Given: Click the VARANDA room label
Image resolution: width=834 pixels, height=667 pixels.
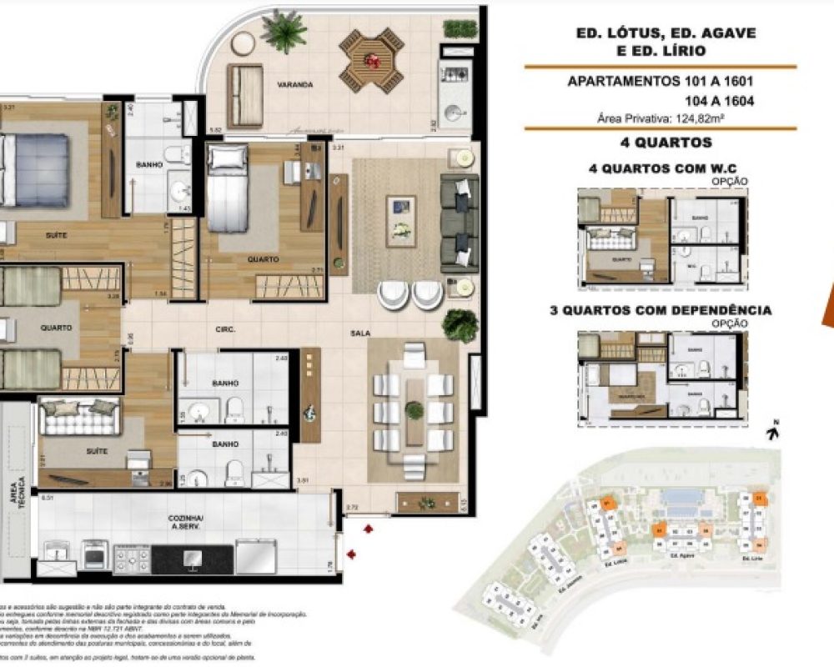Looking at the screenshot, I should [x=295, y=85].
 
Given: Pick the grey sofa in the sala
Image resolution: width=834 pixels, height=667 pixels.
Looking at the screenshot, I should [x=459, y=223].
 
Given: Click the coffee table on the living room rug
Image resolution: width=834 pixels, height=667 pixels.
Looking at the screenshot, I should [x=400, y=220].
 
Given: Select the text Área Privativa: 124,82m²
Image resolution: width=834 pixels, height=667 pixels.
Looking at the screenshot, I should [x=659, y=118].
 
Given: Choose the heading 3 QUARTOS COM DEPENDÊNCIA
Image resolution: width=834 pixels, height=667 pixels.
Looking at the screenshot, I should [x=660, y=310].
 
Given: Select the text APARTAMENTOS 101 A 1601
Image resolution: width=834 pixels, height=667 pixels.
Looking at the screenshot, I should [x=661, y=82].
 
